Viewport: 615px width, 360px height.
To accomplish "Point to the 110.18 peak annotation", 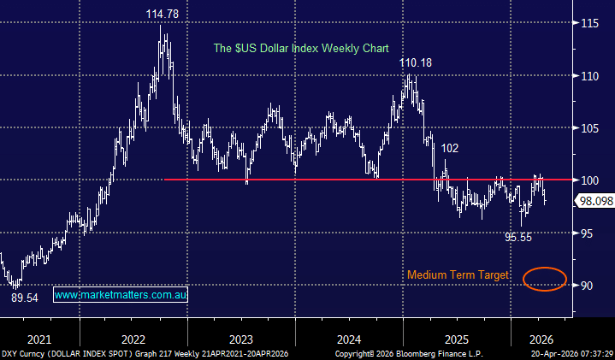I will click(x=418, y=62).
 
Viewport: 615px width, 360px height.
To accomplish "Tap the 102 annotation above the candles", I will click(x=450, y=147).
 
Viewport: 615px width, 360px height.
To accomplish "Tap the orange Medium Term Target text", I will click(x=458, y=275).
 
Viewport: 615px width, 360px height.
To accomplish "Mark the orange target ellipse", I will click(x=544, y=279).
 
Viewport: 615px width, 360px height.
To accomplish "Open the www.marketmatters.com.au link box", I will click(x=121, y=294).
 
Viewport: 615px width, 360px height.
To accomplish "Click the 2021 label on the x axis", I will click(x=38, y=338).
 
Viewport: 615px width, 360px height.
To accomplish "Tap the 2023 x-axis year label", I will click(x=241, y=338).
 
